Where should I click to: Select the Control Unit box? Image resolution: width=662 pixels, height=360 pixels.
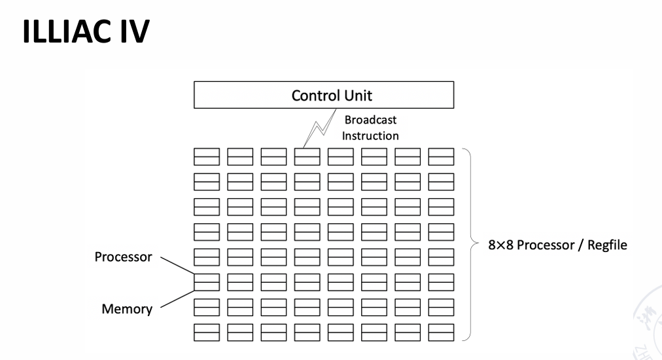click(324, 96)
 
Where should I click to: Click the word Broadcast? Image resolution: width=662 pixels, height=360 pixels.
click(370, 120)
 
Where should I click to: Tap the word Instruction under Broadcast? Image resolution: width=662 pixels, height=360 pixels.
click(370, 135)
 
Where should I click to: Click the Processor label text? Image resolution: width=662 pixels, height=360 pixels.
click(123, 257)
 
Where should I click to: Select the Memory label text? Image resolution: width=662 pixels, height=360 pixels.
click(127, 308)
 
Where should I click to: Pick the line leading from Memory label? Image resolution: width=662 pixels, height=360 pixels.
click(177, 298)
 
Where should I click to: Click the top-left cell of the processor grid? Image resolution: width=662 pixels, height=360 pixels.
click(206, 157)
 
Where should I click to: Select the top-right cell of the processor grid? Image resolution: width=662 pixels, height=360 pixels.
click(441, 157)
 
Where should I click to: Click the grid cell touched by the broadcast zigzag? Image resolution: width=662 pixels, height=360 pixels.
click(307, 157)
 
